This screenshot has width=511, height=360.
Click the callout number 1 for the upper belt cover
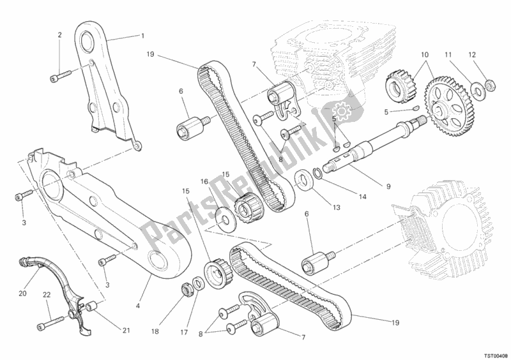pos(143,36)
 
